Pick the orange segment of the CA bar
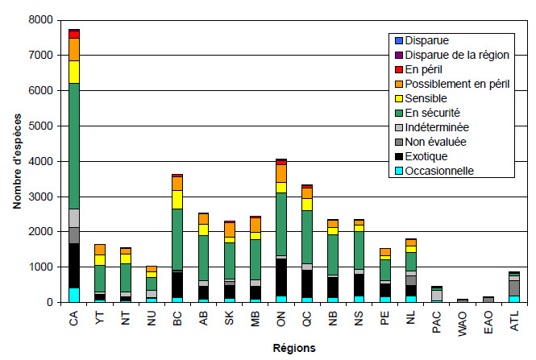(73, 49)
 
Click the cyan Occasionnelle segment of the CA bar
(73, 295)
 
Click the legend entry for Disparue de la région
(455, 55)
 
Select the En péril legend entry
(426, 69)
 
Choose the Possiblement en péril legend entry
(456, 84)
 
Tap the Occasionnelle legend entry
(438, 171)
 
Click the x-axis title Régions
(292, 349)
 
